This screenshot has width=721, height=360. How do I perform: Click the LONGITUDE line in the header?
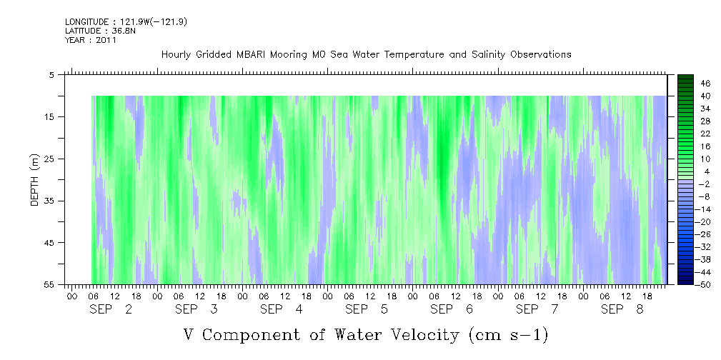126,21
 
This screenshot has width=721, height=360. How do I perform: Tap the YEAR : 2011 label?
91,40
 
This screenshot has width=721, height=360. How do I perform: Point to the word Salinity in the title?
488,55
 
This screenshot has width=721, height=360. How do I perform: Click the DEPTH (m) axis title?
35,179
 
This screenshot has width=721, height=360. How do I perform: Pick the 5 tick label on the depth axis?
51,74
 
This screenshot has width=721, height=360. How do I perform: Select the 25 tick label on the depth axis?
49,159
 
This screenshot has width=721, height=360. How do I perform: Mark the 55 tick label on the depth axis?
49,284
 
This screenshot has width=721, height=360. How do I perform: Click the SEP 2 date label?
111,309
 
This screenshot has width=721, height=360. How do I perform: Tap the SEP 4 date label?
282,309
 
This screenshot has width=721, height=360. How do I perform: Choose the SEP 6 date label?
452,309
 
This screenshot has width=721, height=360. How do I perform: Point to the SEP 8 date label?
622,309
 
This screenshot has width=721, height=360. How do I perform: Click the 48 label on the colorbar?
705,84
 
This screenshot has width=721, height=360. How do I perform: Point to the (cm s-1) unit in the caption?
509,335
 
